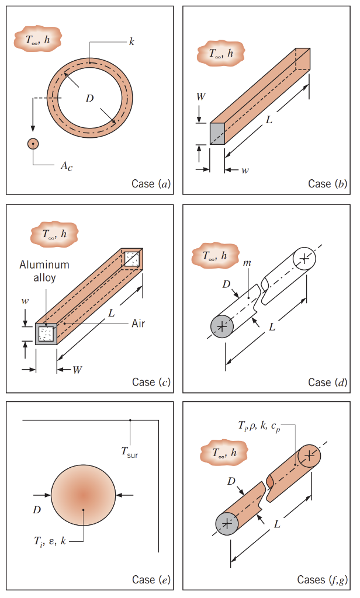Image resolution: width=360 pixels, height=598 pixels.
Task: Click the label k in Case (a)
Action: [x=131, y=43]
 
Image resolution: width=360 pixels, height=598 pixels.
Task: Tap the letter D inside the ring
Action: [x=89, y=98]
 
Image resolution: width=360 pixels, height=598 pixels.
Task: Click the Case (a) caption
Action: [x=151, y=184]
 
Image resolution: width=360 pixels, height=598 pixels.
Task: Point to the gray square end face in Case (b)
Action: [x=217, y=134]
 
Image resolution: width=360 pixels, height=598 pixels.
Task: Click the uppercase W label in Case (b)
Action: [x=200, y=97]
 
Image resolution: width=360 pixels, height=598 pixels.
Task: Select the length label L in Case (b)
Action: [x=268, y=120]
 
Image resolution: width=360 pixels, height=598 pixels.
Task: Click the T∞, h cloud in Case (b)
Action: [x=221, y=54]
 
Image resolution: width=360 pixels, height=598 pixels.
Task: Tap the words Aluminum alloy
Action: [x=44, y=271]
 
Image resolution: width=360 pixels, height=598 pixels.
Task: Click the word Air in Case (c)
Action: [x=138, y=323]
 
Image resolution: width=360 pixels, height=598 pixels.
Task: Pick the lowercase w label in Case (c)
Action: [x=25, y=301]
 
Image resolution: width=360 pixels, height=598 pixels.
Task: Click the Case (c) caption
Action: [x=151, y=383]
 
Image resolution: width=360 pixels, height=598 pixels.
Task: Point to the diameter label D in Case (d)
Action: [x=226, y=284]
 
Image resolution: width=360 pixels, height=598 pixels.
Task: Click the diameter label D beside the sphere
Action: [x=36, y=510]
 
